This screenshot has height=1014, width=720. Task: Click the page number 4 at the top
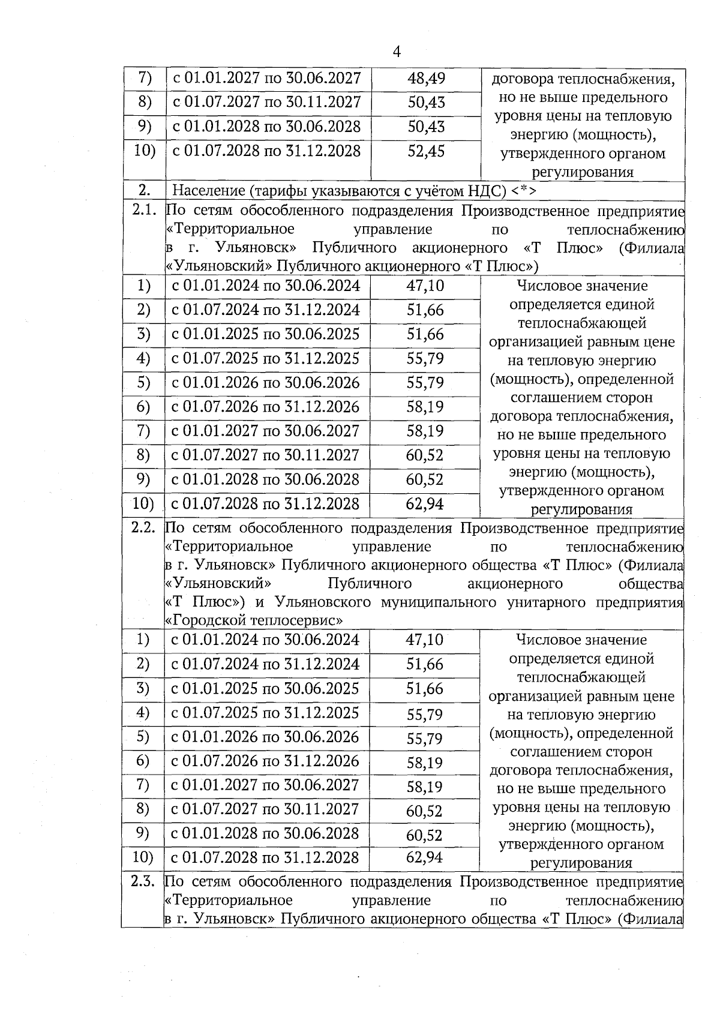[397, 52]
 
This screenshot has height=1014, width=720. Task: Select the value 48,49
[426, 78]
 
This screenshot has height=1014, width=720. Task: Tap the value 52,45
[426, 151]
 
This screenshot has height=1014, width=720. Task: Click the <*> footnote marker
[524, 191]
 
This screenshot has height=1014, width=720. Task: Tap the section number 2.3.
[143, 881]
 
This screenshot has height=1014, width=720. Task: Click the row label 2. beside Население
[144, 191]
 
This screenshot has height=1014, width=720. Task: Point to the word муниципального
[439, 602]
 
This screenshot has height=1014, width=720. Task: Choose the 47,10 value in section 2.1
[425, 286]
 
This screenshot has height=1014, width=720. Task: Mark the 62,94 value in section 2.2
[424, 857]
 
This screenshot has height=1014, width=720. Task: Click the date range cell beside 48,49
[267, 78]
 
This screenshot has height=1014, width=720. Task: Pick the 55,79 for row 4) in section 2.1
[425, 359]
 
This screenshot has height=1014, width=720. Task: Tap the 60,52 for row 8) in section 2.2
[424, 811]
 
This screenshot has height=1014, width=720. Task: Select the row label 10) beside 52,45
[144, 150]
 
